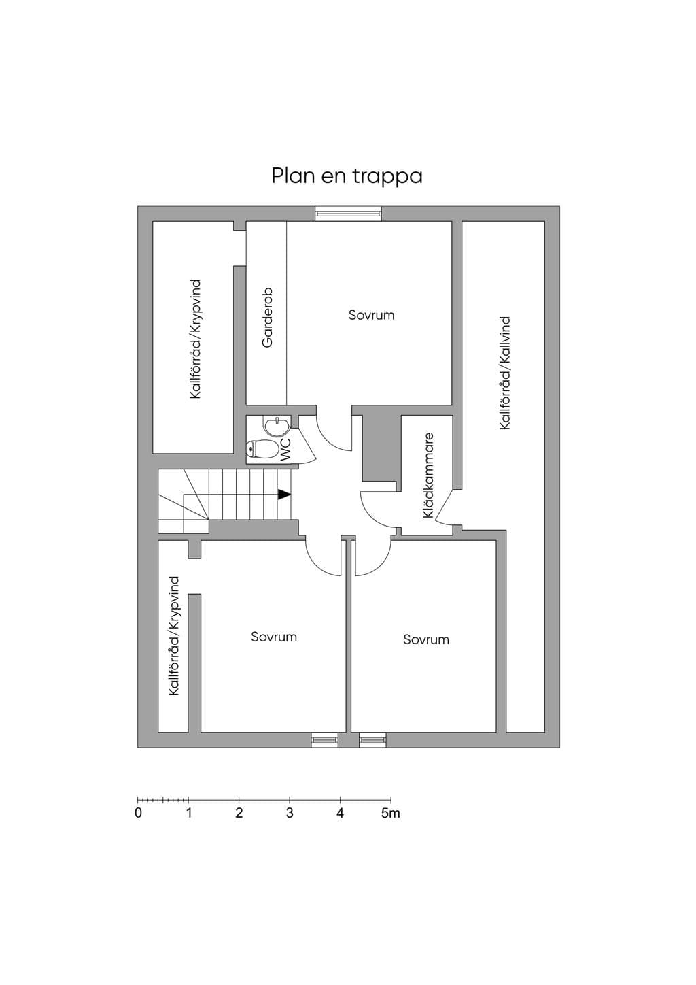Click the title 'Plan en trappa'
tap(347, 176)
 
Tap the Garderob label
tap(267, 318)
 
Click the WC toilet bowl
tap(262, 449)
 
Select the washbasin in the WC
tap(277, 425)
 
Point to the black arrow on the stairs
tap(284, 495)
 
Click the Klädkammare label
tap(428, 475)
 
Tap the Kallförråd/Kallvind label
tap(505, 373)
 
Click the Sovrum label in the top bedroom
tap(371, 315)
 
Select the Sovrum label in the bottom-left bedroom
tap(274, 637)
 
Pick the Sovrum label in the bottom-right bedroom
tap(426, 639)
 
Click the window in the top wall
tap(349, 214)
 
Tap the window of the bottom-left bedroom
tap(325, 740)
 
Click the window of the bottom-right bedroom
tap(372, 740)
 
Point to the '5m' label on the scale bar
tap(391, 813)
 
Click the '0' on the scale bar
tap(139, 813)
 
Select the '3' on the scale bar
tap(290, 813)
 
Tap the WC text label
tap(285, 449)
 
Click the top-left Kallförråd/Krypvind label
tap(195, 339)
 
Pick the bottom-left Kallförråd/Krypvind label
tap(173, 636)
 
